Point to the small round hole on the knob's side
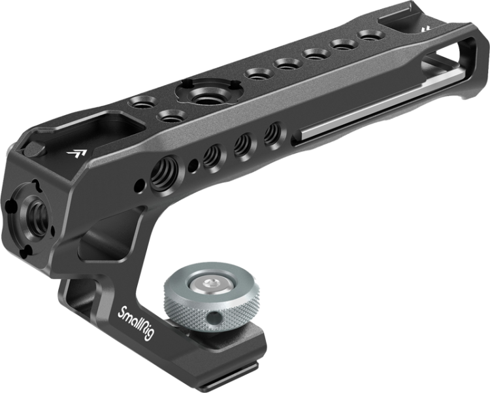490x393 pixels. pyautogui.click(x=216, y=317)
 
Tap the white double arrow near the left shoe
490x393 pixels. pyautogui.click(x=76, y=153)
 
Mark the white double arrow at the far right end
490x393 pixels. pyautogui.click(x=425, y=29)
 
